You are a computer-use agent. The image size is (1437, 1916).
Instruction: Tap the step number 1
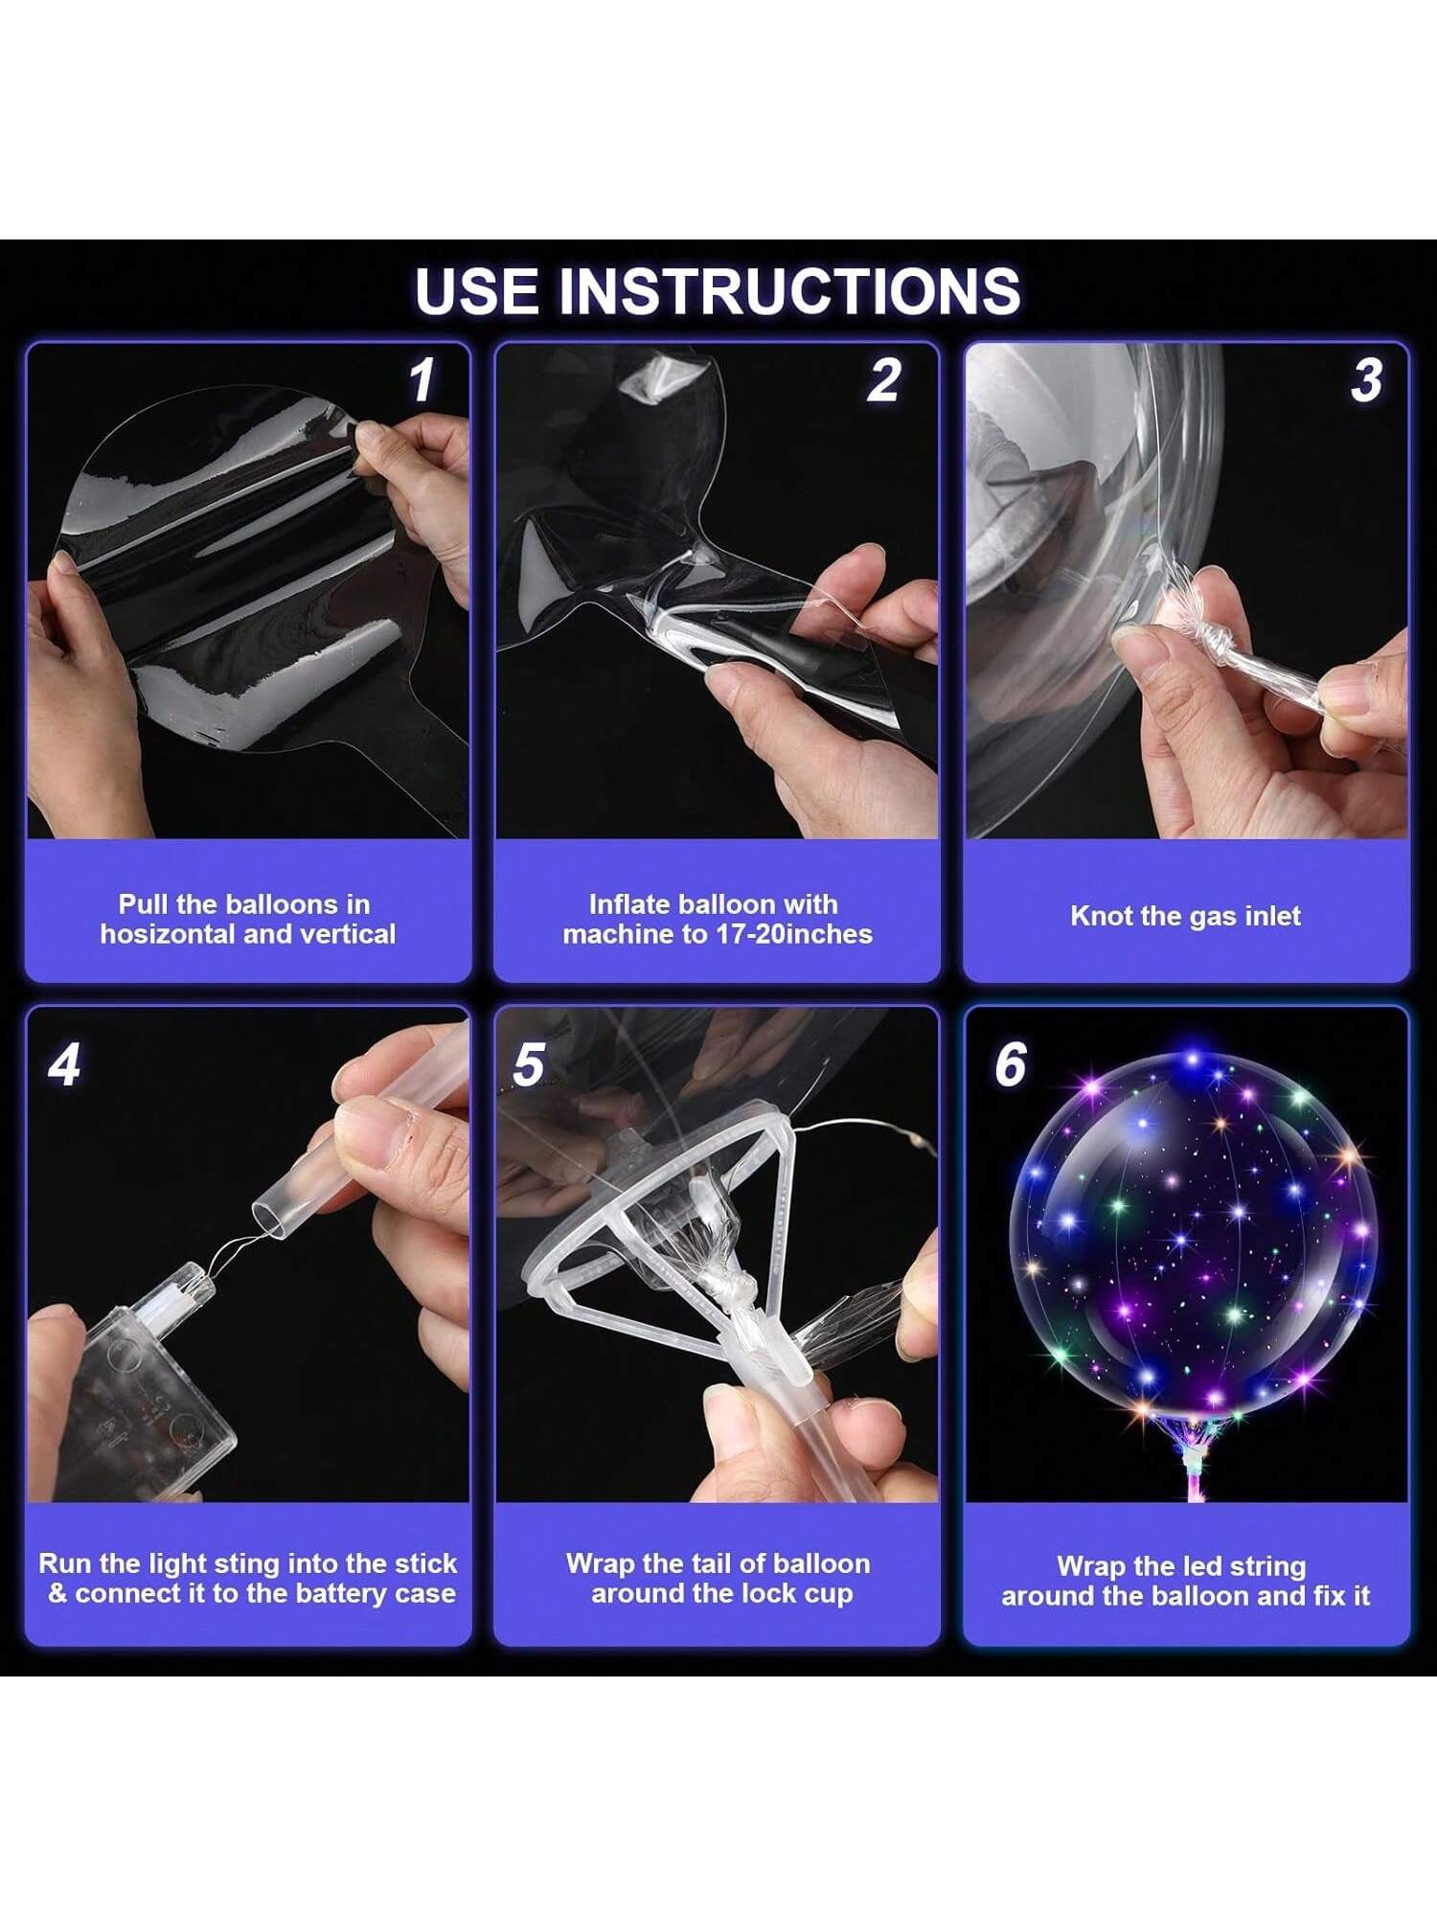pyautogui.click(x=422, y=380)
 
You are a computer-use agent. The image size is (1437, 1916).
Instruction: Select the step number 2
pyautogui.click(x=884, y=380)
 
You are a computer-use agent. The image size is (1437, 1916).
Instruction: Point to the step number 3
pyautogui.click(x=1367, y=380)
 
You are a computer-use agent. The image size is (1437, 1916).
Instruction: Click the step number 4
pyautogui.click(x=64, y=1064)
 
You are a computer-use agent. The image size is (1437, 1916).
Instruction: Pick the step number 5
pyautogui.click(x=529, y=1064)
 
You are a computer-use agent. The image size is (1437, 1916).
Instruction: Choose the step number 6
pyautogui.click(x=1011, y=1064)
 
